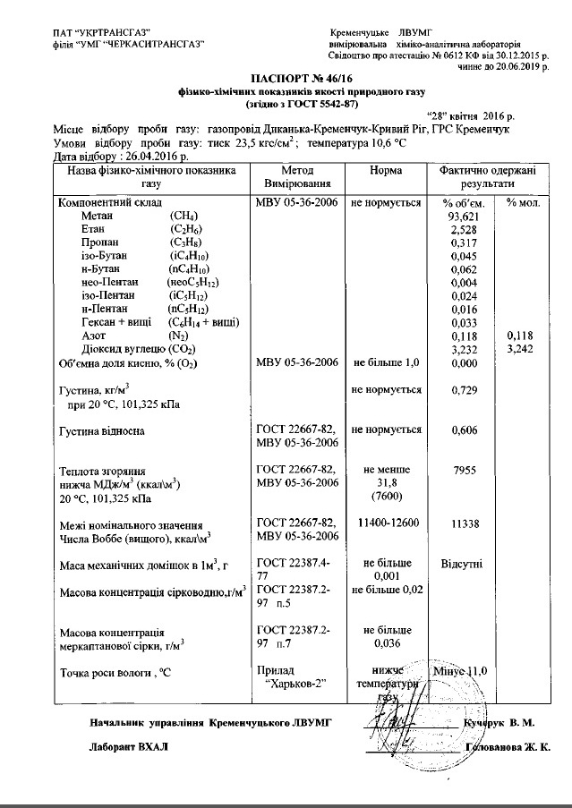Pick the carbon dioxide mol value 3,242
coord(521,349)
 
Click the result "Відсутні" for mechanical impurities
coord(463,564)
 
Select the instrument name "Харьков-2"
coord(295,683)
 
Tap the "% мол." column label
coord(523,202)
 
